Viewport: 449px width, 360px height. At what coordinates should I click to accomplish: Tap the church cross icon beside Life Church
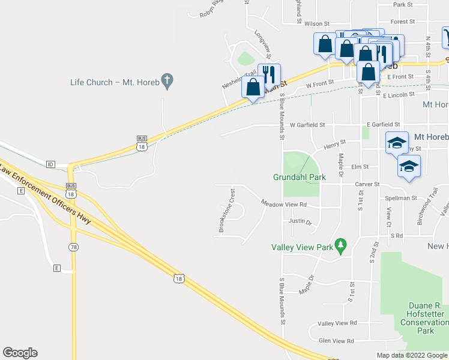coord(168,79)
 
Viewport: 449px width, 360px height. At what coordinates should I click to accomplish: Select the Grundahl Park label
coord(300,177)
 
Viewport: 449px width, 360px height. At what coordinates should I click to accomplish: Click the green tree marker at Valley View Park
coord(341,244)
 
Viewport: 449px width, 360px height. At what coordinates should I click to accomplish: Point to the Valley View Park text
coord(302,247)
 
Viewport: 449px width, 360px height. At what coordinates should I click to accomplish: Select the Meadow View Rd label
coord(284,204)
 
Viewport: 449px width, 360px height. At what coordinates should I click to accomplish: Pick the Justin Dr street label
coord(300,221)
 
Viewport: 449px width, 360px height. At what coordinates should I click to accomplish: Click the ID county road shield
coord(50,164)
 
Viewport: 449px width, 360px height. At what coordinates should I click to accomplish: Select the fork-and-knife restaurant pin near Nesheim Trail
coord(269,74)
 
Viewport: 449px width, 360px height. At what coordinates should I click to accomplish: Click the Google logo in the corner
coord(20,353)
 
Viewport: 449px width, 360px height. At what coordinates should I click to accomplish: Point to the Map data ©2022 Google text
coord(412,355)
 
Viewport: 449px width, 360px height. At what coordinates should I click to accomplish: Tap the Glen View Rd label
coord(336,340)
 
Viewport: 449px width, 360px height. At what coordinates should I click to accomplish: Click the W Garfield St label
coord(307,125)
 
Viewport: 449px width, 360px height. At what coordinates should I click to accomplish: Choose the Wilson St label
coord(317,24)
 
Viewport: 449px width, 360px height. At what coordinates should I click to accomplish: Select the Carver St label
coord(367,184)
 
